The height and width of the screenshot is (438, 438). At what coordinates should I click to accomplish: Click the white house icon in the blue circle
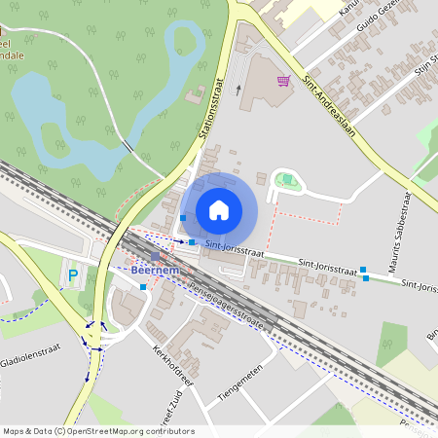[219, 210]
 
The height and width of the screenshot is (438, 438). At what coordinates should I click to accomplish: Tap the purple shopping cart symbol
[284, 81]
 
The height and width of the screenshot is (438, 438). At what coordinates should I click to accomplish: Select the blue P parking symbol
[72, 276]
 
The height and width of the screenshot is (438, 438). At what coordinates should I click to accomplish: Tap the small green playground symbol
[287, 179]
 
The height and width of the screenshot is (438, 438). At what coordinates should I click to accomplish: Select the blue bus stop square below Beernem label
[144, 287]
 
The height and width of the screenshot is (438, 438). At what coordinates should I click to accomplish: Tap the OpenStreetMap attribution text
[98, 431]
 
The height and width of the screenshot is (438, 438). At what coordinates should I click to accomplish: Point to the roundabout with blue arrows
[95, 337]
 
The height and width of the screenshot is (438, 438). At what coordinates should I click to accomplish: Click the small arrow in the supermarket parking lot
[238, 90]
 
